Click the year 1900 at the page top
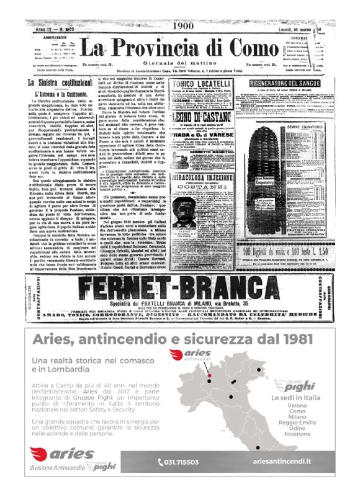pos(184,26)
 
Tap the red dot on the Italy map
pos(210,376)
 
